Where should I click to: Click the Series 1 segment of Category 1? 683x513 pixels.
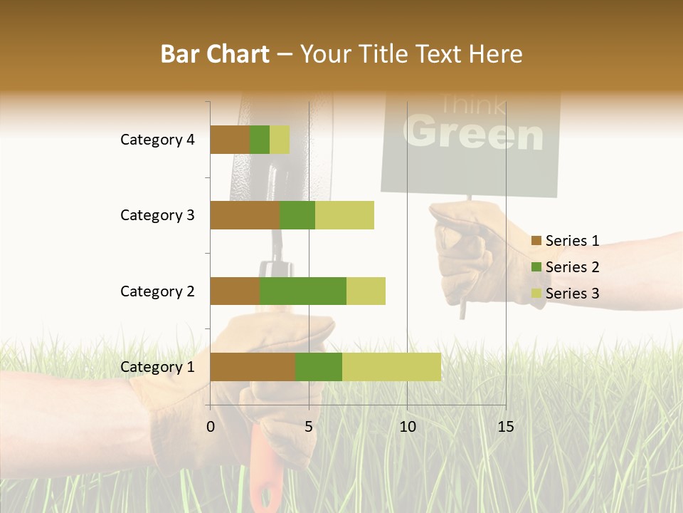tap(253, 367)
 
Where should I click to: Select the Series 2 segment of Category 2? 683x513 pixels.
tap(303, 291)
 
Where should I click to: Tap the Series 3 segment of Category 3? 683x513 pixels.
tap(344, 215)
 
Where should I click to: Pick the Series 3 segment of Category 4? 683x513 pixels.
tap(280, 140)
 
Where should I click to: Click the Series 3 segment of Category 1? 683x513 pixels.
tap(391, 367)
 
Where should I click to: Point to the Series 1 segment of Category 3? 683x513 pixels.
tap(245, 215)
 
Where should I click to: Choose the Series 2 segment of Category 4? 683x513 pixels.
tap(260, 140)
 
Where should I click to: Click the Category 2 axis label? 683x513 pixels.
tap(157, 291)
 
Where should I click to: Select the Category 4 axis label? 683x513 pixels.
tap(157, 140)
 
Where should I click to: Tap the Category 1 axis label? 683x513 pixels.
tap(157, 367)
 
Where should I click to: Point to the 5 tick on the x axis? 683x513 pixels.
tap(309, 427)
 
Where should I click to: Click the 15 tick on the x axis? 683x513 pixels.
tap(505, 427)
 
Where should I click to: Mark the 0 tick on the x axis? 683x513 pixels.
tap(211, 427)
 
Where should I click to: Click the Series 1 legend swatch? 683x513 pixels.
tap(536, 241)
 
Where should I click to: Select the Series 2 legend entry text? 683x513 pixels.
tap(572, 267)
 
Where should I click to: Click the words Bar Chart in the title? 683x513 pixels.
tap(214, 54)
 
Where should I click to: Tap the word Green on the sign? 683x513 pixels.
tap(473, 133)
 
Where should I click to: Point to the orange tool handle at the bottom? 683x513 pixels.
tap(265, 470)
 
